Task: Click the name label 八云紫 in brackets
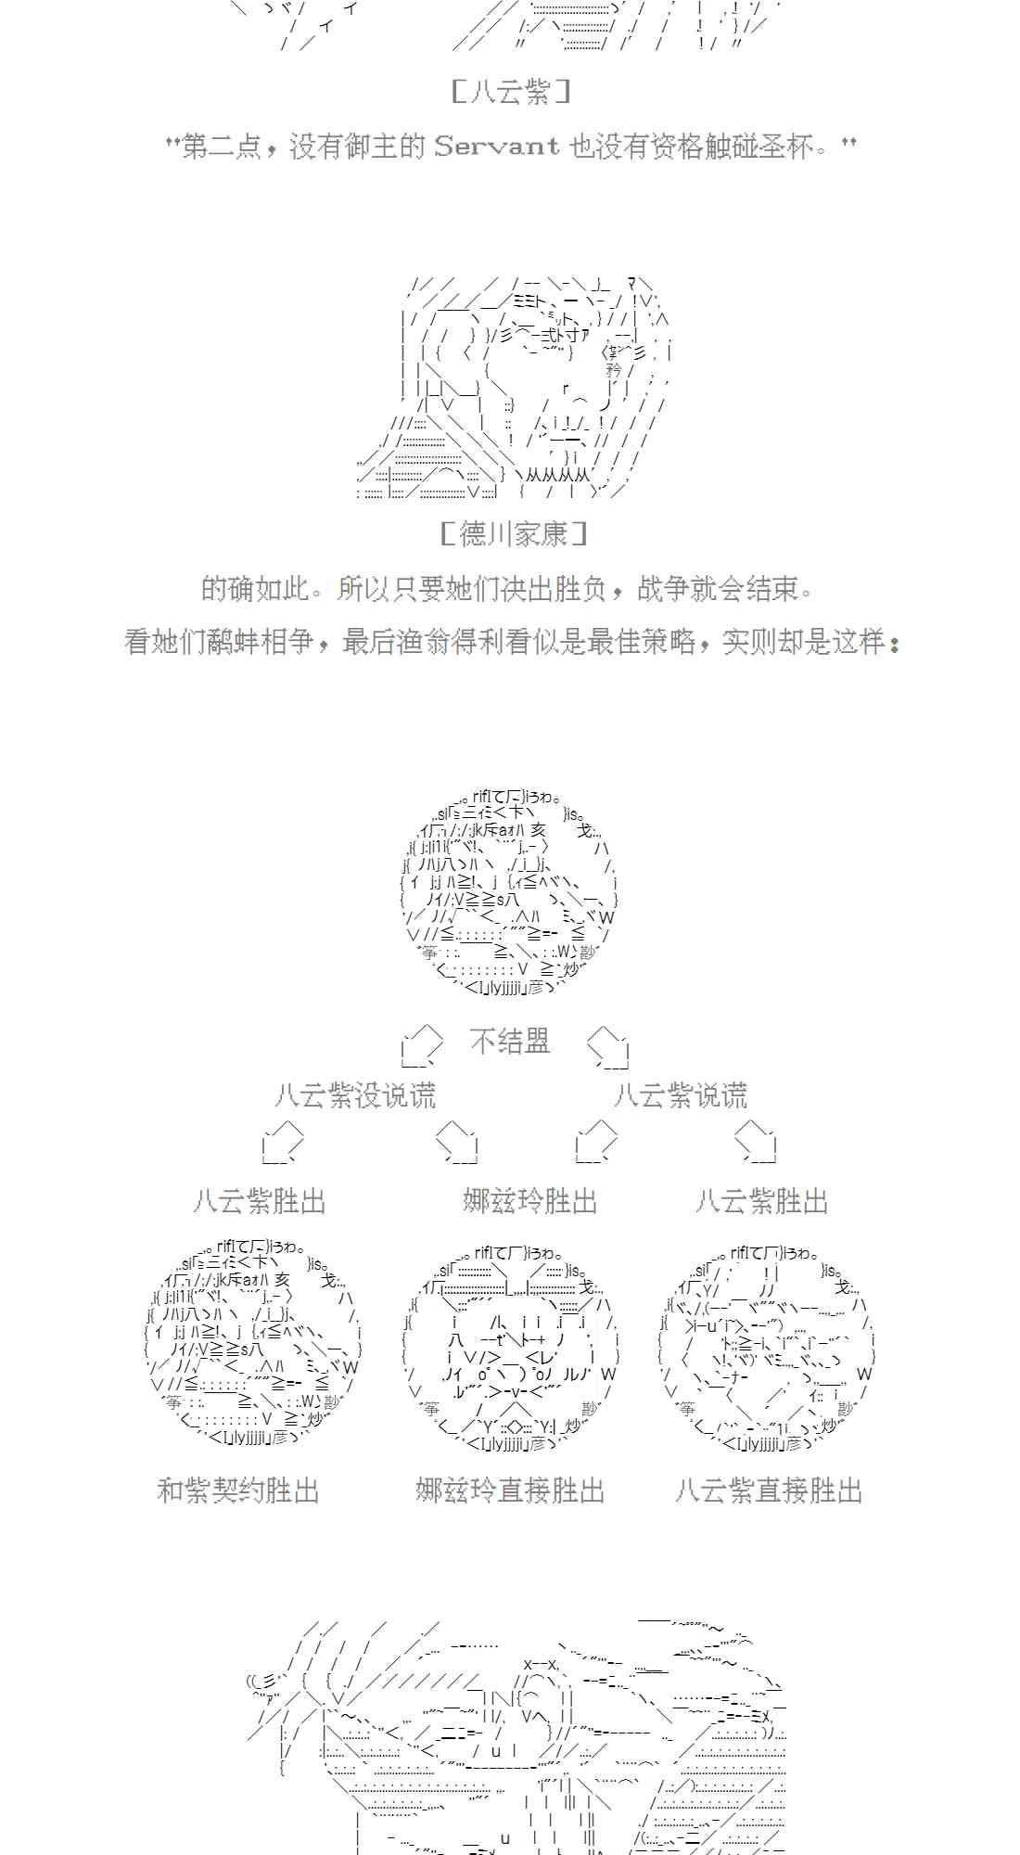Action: tap(511, 92)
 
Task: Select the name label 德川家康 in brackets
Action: tap(513, 534)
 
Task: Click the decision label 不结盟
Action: tap(510, 1042)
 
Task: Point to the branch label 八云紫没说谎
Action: tap(355, 1095)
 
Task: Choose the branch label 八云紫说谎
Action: tap(681, 1095)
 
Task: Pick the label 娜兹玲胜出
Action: tap(529, 1202)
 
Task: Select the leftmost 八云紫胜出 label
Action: tap(260, 1202)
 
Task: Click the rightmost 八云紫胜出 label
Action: tap(761, 1202)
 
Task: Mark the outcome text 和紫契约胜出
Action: tap(238, 1490)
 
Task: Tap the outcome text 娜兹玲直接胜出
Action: tap(510, 1490)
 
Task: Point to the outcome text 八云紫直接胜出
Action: tap(769, 1490)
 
